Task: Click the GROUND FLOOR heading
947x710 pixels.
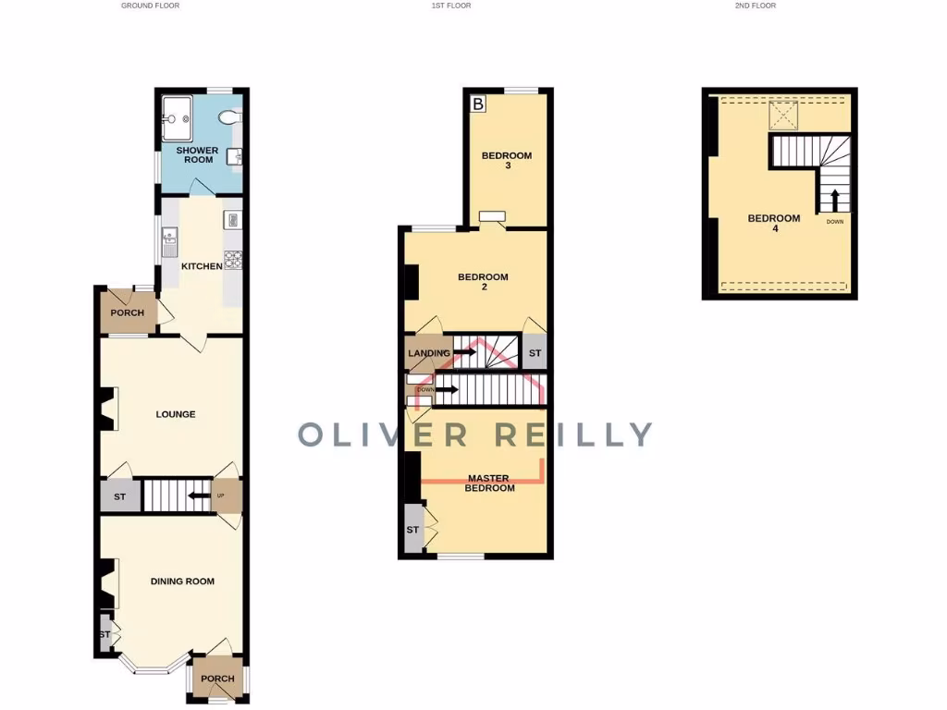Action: [150, 6]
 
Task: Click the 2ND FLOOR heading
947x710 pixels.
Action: [756, 6]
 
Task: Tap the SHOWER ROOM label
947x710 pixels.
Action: [198, 154]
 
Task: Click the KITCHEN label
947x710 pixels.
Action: [202, 266]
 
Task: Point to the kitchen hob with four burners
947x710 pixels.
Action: [233, 261]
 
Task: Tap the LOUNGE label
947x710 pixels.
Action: [176, 414]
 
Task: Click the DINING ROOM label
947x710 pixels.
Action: [182, 581]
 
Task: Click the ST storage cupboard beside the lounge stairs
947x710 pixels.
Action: [120, 497]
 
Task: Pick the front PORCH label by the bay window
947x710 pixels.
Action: [218, 679]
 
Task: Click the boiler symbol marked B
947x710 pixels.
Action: [478, 104]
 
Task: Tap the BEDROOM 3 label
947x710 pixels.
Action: [507, 160]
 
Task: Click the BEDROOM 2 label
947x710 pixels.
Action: [483, 282]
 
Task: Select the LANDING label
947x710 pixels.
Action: [429, 353]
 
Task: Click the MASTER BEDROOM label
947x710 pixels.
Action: [490, 483]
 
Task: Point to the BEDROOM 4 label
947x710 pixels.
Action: [774, 223]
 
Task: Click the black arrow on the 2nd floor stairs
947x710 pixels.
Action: [834, 200]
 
